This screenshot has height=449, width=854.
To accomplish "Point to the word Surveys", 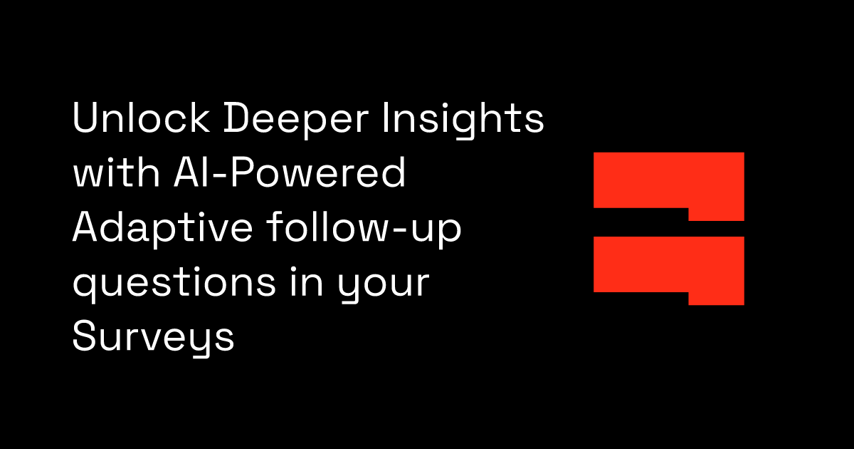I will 153,338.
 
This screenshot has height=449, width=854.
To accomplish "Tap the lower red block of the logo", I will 668,267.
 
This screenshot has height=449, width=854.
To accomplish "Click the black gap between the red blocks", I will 640,222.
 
